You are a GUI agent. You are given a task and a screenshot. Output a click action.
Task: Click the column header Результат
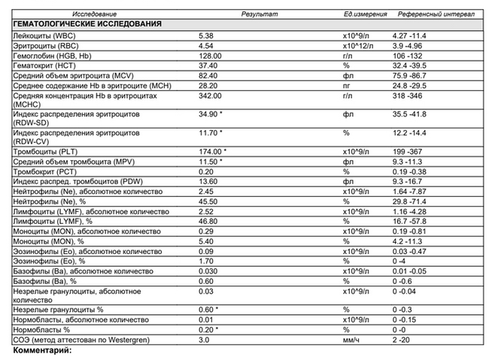(x=259, y=14)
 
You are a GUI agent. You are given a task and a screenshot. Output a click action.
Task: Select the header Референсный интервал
(x=431, y=14)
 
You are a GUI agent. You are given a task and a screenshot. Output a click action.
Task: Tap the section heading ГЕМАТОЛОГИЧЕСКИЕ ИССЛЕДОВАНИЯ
(x=88, y=24)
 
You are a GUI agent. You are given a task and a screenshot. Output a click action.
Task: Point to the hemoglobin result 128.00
(x=209, y=56)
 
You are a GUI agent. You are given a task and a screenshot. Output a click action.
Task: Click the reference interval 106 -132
(x=410, y=56)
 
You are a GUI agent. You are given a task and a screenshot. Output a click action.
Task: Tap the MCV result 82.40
(x=208, y=76)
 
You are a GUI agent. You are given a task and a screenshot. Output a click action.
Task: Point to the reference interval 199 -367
(x=410, y=151)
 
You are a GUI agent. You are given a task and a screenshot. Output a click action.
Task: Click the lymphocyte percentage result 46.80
(x=208, y=221)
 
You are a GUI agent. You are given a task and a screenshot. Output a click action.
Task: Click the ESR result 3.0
(x=203, y=340)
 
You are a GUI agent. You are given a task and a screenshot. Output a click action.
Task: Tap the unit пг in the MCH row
(x=348, y=86)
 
